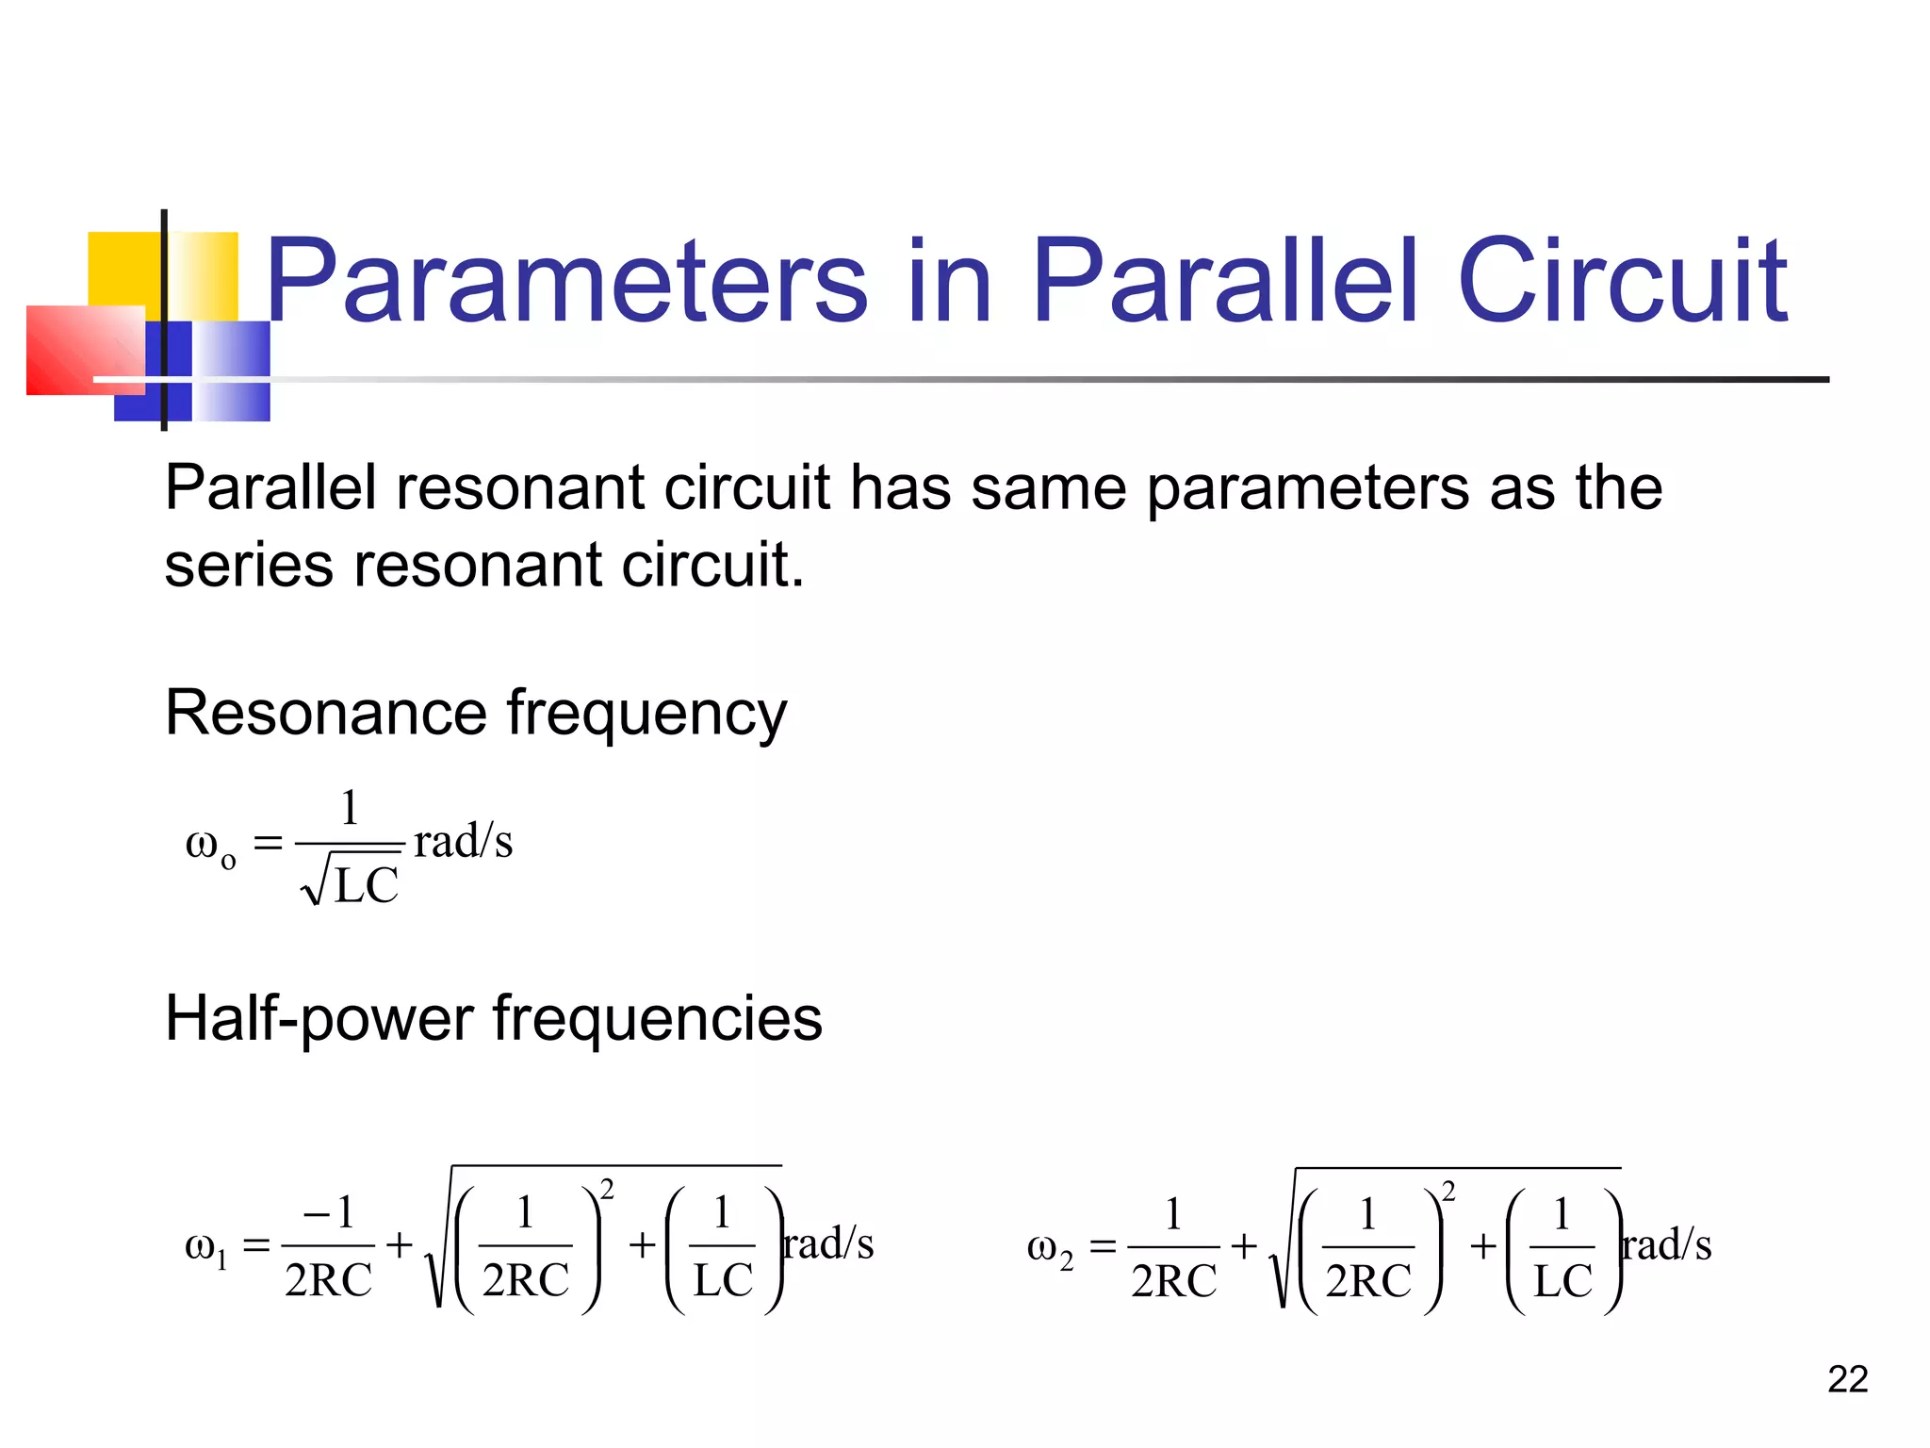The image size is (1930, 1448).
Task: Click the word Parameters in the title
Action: pyautogui.click(x=565, y=280)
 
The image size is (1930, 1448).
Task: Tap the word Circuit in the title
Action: pyautogui.click(x=1621, y=280)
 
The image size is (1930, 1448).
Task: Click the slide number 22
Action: pyautogui.click(x=1847, y=1379)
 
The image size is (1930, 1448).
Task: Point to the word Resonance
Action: pyautogui.click(x=325, y=713)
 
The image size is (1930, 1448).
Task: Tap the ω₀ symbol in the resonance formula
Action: pyautogui.click(x=209, y=845)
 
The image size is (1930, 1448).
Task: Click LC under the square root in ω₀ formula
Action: pyautogui.click(x=367, y=886)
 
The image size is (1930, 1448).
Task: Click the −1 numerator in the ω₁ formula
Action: pyautogui.click(x=329, y=1212)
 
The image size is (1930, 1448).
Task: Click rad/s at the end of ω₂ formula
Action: pyautogui.click(x=1667, y=1244)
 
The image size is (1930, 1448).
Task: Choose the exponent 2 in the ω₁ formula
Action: pyautogui.click(x=607, y=1190)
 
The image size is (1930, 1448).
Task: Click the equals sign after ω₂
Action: pyautogui.click(x=1103, y=1247)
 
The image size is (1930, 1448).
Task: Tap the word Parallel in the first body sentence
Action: pyautogui.click(x=270, y=488)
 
